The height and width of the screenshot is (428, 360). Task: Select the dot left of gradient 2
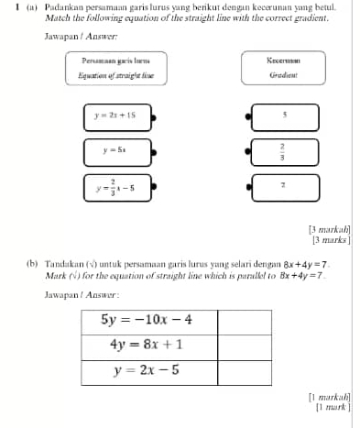point(248,186)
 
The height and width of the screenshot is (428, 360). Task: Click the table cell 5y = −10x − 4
point(147,319)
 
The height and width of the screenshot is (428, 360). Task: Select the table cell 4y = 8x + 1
point(147,346)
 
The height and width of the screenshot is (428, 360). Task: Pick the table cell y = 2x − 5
point(147,371)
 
